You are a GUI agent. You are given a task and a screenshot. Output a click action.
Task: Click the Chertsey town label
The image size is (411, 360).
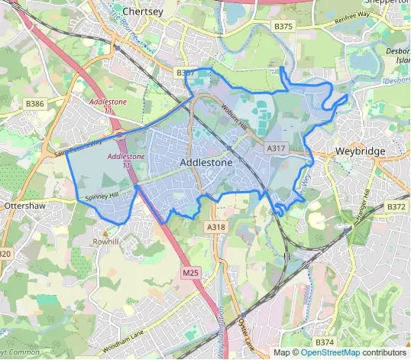click(144, 12)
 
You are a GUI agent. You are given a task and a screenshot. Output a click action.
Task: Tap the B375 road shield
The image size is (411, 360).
click(283, 27)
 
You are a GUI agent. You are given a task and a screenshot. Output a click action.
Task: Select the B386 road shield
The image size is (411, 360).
click(35, 102)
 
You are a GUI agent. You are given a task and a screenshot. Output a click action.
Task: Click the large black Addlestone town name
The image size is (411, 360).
click(206, 163)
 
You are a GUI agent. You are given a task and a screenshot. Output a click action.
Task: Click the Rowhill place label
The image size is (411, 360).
click(106, 242)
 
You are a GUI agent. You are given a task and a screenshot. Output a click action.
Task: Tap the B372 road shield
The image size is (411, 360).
click(396, 206)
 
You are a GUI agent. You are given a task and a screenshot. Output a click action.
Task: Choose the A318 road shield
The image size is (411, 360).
click(215, 227)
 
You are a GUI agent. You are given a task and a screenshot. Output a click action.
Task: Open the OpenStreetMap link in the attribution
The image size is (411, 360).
click(331, 352)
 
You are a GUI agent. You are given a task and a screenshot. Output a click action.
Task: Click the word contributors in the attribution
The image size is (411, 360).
click(385, 352)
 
